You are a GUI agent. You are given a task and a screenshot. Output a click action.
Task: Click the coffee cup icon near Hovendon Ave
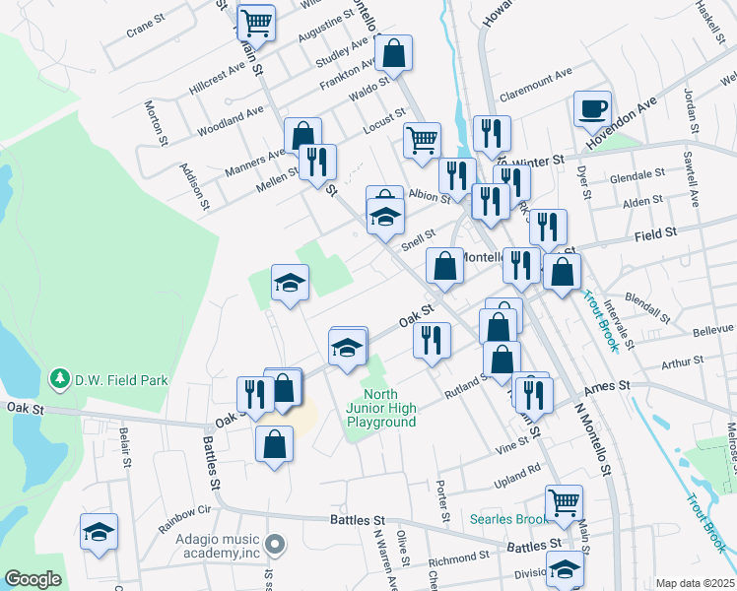point(592,108)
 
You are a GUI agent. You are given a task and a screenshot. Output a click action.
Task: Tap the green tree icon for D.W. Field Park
point(60,379)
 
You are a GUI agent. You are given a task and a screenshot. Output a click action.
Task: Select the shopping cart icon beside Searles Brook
point(564,502)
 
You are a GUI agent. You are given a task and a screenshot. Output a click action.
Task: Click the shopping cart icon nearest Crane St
point(256,21)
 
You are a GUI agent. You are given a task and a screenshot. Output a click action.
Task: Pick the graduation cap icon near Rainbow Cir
point(99,533)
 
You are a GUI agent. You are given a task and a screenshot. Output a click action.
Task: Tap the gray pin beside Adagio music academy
point(276,543)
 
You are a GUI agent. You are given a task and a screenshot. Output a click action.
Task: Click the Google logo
point(33,579)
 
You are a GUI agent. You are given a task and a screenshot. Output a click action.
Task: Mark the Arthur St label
point(678,363)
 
